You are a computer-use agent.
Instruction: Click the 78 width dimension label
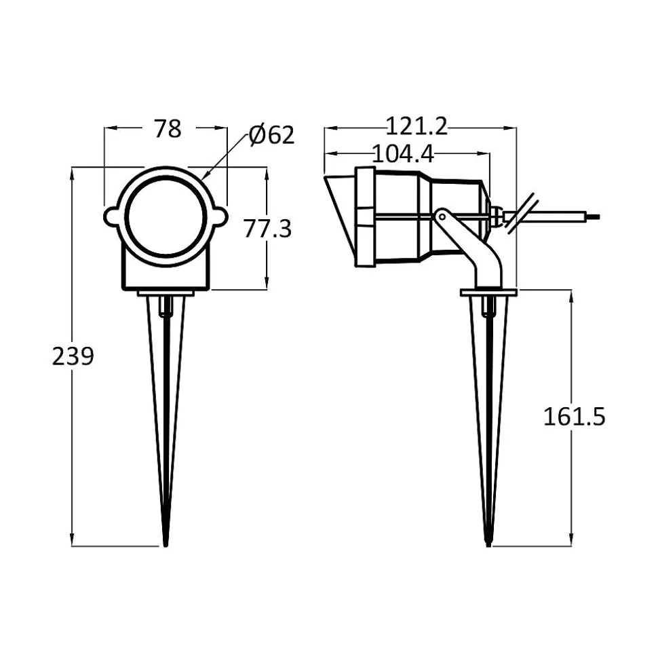pos(168,128)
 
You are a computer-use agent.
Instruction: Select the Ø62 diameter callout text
pos(271,135)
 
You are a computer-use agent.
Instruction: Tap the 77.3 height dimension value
pos(267,229)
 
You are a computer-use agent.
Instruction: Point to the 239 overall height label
pos(73,356)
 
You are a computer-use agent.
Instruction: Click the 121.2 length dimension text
pos(417,126)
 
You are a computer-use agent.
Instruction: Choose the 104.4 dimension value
pos(402,153)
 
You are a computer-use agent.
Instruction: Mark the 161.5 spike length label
pos(574,417)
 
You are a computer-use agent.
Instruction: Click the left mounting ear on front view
pos(112,216)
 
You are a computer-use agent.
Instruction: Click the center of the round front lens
pos(166,216)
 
